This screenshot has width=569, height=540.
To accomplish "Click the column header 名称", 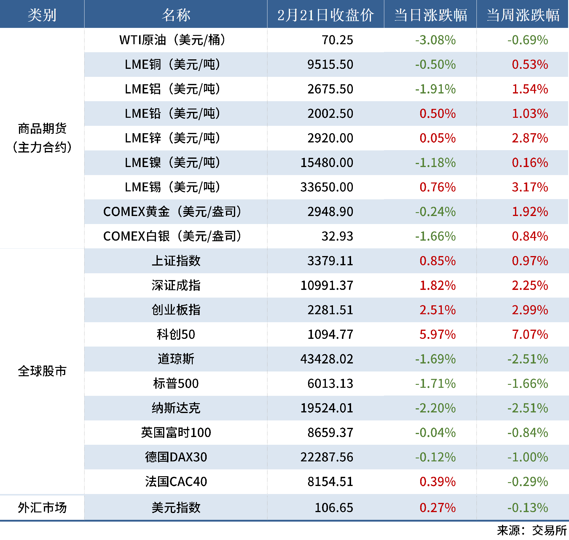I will click(x=176, y=15).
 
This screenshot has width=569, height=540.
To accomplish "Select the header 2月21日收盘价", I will click(x=326, y=15).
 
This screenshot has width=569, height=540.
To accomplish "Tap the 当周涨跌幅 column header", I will click(x=523, y=15).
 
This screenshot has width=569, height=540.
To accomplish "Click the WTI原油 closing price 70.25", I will click(x=337, y=40).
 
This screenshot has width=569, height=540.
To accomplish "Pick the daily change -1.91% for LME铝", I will click(x=435, y=89).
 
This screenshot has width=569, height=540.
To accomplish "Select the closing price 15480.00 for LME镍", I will click(x=326, y=163).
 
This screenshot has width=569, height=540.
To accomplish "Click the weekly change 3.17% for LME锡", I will click(x=530, y=187).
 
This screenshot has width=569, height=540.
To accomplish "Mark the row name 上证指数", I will click(x=176, y=261).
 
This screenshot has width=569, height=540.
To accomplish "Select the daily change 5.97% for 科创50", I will click(x=437, y=334).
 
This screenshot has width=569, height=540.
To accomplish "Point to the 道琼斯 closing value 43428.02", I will click(x=326, y=359).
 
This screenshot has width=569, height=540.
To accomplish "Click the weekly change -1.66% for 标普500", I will click(x=527, y=384).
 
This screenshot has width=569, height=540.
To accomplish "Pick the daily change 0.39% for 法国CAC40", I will click(x=437, y=482).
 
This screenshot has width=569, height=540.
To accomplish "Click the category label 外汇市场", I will click(x=42, y=508).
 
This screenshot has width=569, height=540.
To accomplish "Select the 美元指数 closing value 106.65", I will click(x=334, y=508).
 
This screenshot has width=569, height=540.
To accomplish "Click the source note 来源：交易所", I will click(x=532, y=531).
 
